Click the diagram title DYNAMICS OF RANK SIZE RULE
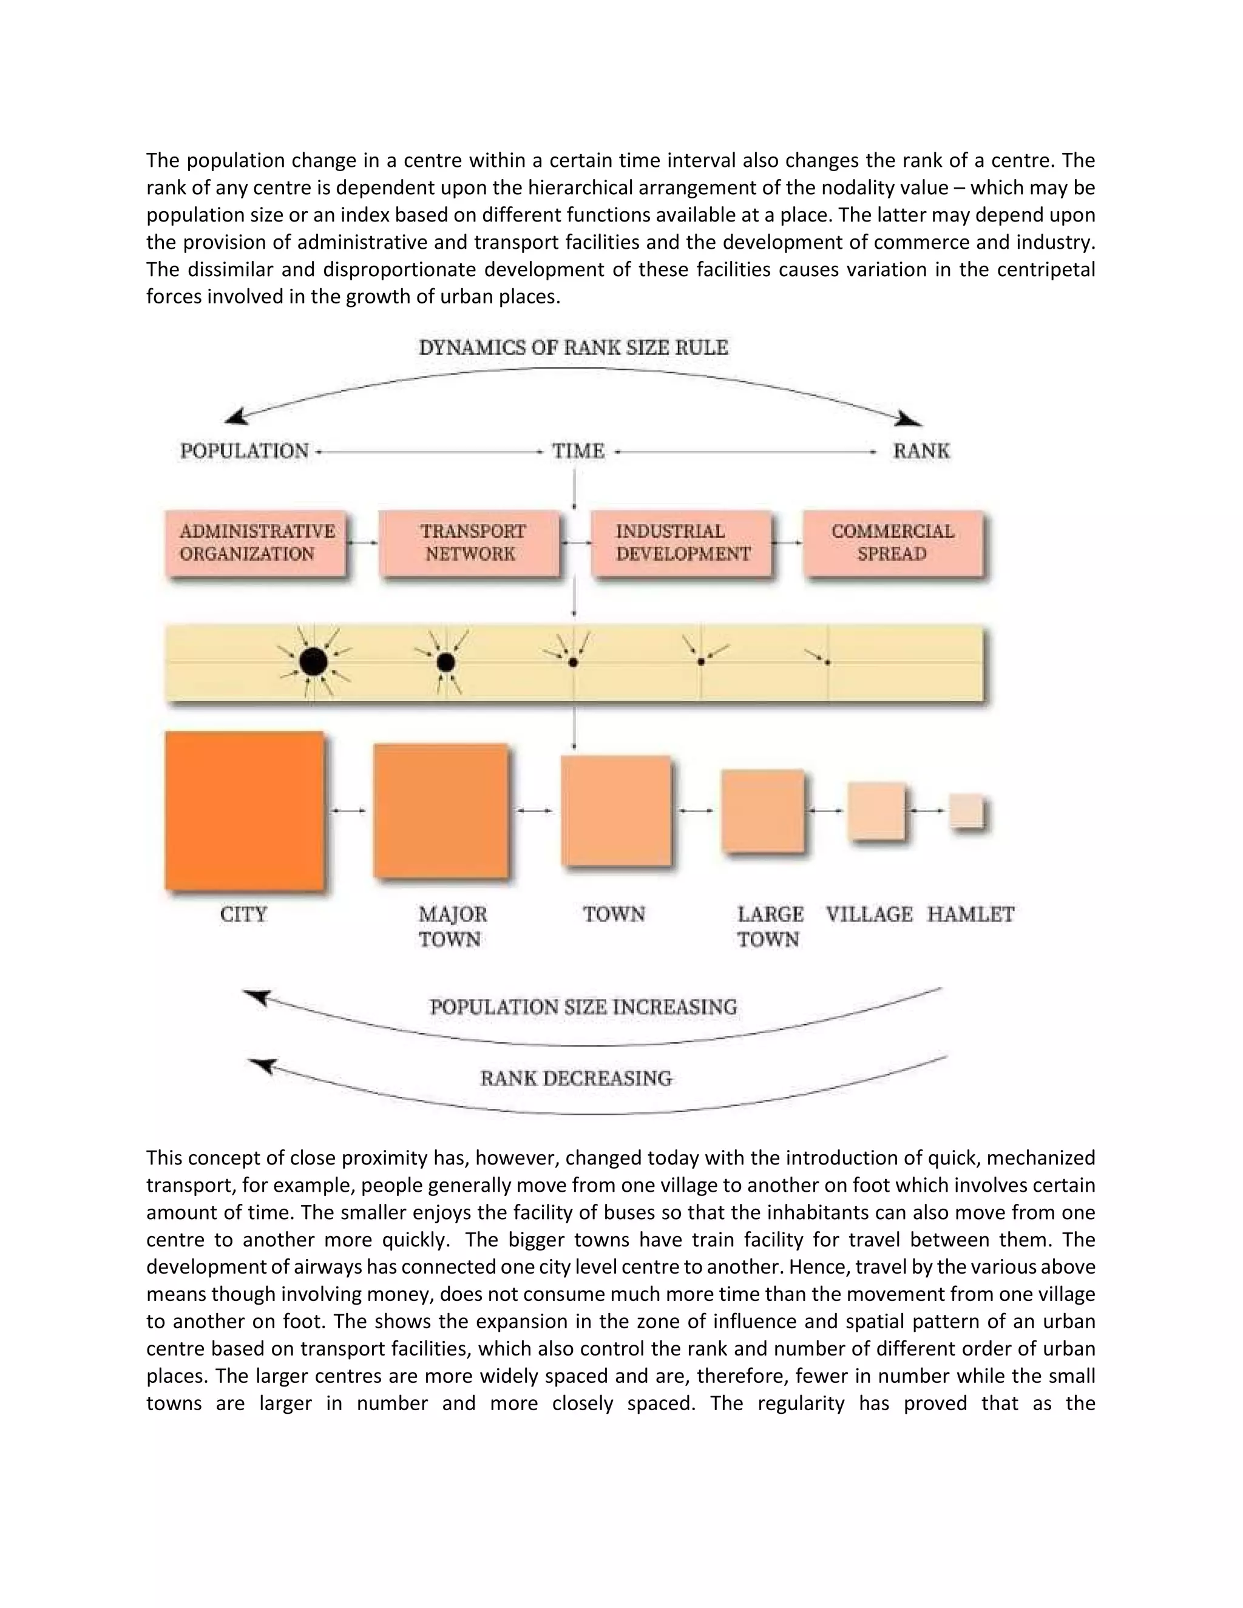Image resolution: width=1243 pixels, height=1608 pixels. pyautogui.click(x=574, y=348)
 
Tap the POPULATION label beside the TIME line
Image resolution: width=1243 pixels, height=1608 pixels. pyautogui.click(x=245, y=451)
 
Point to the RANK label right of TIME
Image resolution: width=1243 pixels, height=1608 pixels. pyautogui.click(x=921, y=451)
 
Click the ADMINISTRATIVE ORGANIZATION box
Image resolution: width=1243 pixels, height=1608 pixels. pyautogui.click(x=256, y=543)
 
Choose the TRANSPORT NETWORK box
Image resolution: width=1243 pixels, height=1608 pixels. pyautogui.click(x=470, y=543)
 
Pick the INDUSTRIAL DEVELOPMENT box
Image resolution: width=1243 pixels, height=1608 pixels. pyautogui.click(x=682, y=543)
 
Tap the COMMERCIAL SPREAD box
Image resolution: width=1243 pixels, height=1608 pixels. pyautogui.click(x=892, y=543)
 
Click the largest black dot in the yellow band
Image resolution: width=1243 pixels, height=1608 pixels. pyautogui.click(x=313, y=662)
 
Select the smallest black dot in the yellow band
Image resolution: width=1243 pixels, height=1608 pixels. pyautogui.click(x=828, y=663)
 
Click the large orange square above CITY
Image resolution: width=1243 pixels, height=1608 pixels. pyautogui.click(x=245, y=811)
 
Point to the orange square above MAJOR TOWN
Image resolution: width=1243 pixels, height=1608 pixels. pyautogui.click(x=441, y=811)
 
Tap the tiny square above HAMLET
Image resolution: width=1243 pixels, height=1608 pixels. pyautogui.click(x=966, y=811)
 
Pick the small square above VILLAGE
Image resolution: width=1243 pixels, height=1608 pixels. pyautogui.click(x=876, y=811)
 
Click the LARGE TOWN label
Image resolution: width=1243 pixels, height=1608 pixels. pyautogui.click(x=770, y=926)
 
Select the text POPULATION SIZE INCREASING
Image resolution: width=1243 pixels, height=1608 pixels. pyautogui.click(x=583, y=1007)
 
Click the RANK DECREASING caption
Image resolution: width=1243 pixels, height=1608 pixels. pyautogui.click(x=576, y=1079)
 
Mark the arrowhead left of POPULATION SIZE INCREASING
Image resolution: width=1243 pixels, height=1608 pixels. pyautogui.click(x=258, y=998)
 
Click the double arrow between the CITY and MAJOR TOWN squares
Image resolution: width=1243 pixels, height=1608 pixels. pyautogui.click(x=348, y=811)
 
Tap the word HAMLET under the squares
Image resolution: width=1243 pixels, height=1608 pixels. pyautogui.click(x=970, y=914)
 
